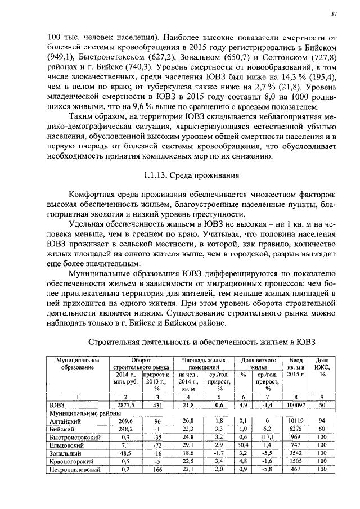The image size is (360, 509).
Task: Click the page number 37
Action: coord(333,13)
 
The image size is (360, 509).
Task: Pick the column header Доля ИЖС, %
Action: coord(322,367)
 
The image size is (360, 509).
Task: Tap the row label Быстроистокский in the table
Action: coord(68,436)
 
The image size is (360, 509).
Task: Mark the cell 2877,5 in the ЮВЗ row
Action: coord(125,404)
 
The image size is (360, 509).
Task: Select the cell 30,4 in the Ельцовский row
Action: coord(243,444)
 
